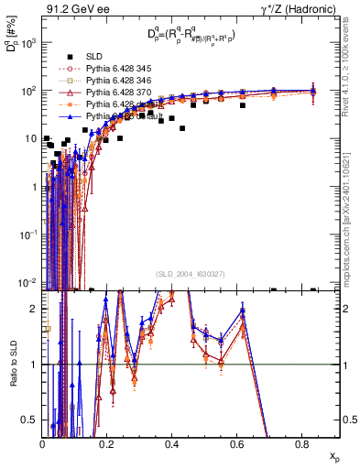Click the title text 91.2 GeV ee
(71, 8)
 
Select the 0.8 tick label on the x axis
(301, 443)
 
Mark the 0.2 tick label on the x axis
(107, 443)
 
